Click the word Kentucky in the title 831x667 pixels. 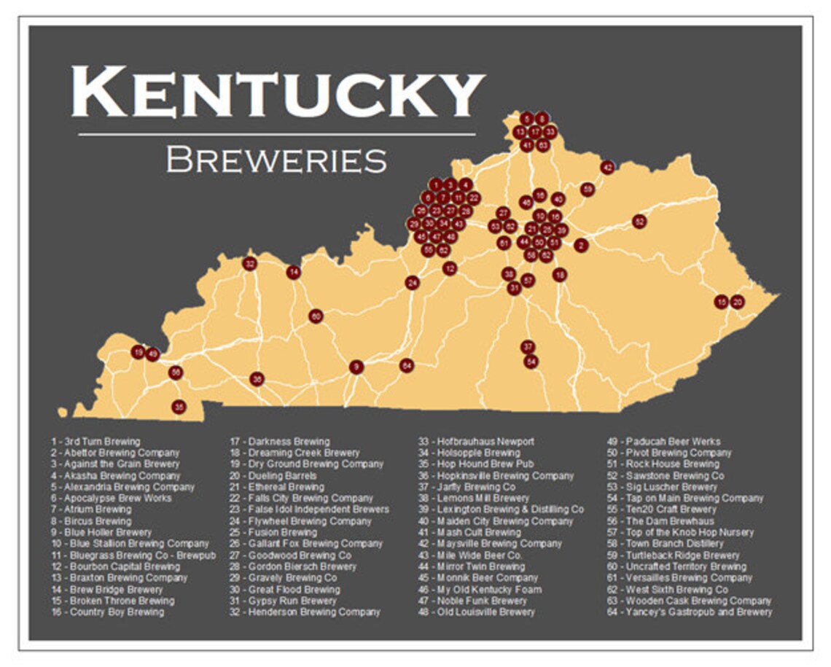click(277, 91)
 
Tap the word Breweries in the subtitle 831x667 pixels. click(276, 160)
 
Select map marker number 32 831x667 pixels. click(250, 263)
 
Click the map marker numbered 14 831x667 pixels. click(293, 272)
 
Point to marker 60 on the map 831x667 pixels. click(315, 316)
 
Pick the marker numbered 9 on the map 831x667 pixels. click(356, 367)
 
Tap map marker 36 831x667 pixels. click(256, 379)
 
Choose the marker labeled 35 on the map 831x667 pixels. click(179, 407)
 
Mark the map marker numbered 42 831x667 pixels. click(607, 168)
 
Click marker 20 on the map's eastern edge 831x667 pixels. click(737, 302)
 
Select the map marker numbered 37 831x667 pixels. click(528, 346)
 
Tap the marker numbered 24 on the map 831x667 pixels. click(413, 282)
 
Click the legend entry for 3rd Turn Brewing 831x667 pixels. click(95, 442)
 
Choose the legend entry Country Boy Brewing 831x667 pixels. click(107, 612)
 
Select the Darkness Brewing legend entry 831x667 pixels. click(280, 442)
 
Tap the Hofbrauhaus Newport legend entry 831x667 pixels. click(475, 442)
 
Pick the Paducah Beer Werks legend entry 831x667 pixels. click(664, 442)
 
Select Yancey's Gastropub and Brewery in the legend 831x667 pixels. click(690, 612)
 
